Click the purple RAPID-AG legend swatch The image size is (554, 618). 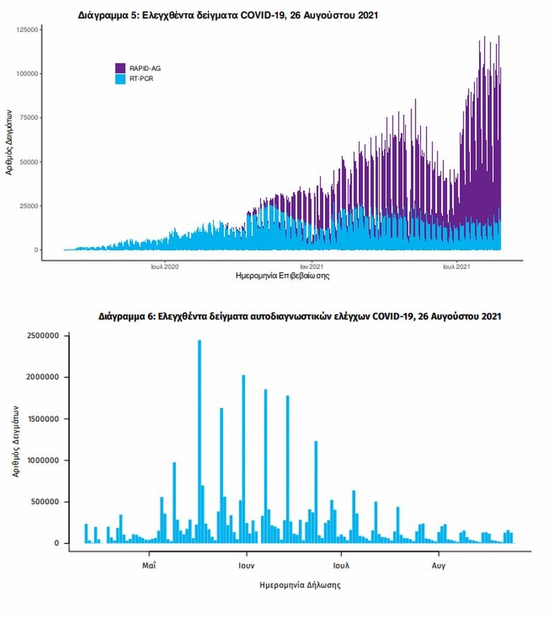coord(120,68)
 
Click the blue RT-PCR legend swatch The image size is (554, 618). coord(120,79)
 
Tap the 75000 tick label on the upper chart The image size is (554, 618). coord(28,118)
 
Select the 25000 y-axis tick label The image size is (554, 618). coord(28,206)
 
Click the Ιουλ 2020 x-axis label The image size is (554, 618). coord(165,266)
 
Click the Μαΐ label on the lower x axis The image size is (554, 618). coord(148,565)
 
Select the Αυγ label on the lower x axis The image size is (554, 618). coord(438,565)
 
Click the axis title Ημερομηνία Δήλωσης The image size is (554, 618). coord(298,585)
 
